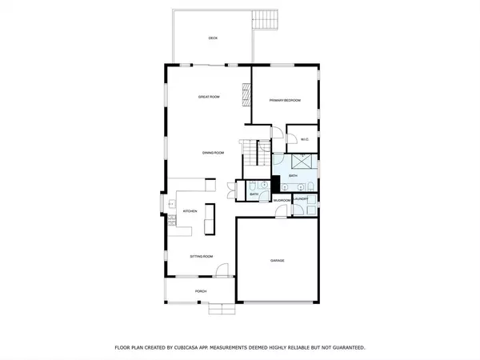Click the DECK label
[213, 38]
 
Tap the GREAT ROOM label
[210, 97]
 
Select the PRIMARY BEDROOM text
[285, 100]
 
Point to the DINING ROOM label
[213, 153]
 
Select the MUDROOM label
[282, 200]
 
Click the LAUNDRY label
[302, 198]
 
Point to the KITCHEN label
[190, 211]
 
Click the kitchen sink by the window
[171, 206]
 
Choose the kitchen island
[210, 218]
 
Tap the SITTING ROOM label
[201, 257]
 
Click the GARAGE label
[278, 261]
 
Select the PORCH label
[201, 291]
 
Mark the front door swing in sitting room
[224, 272]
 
